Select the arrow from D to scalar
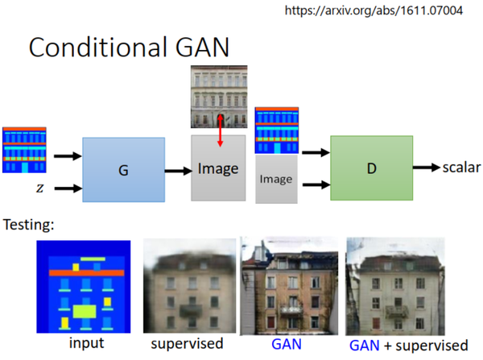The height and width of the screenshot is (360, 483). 426,168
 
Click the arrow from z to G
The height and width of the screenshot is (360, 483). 66,188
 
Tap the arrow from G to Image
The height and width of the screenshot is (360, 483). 177,170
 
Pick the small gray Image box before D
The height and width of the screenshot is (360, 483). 276,180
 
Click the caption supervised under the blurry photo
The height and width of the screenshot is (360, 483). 187,343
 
